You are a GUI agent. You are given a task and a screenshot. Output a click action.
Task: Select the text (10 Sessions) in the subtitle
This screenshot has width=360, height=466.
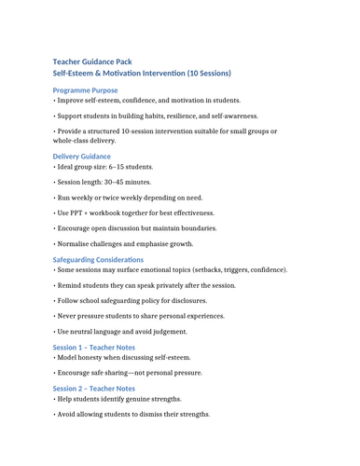pos(201,73)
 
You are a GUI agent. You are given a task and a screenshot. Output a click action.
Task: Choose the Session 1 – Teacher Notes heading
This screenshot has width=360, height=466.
pos(94,347)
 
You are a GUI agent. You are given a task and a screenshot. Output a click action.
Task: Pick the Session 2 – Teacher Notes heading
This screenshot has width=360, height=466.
pos(94,388)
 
